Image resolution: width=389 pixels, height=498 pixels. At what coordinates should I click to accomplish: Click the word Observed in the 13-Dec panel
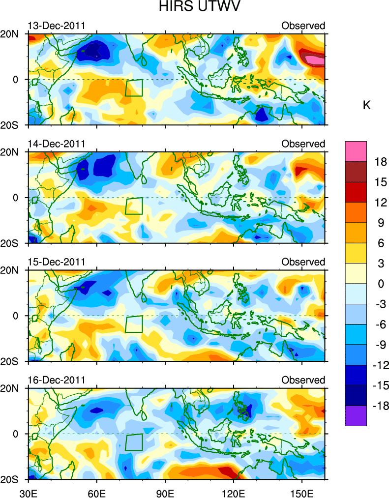(x=303, y=26)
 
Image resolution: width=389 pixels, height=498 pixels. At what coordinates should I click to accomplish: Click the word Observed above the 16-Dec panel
(x=303, y=380)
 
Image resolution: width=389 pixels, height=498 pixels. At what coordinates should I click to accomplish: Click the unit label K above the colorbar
(x=366, y=105)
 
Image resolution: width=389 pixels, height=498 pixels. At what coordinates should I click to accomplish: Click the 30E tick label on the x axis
(x=28, y=491)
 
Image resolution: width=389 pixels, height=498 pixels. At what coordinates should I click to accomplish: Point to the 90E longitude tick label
(x=165, y=491)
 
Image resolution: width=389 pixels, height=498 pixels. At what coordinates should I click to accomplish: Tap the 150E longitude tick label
(x=301, y=491)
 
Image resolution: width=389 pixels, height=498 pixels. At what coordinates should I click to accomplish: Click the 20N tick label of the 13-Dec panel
(x=12, y=34)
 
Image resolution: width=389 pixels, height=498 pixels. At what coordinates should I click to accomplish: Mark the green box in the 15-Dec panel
(x=134, y=324)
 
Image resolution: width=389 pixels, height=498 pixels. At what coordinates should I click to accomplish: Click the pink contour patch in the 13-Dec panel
(x=315, y=60)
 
